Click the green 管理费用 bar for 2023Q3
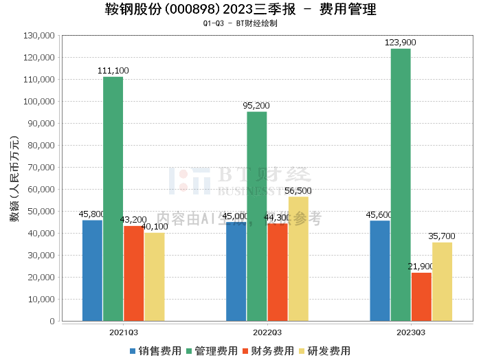401,185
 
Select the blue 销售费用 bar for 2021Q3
92,271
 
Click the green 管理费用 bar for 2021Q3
113,199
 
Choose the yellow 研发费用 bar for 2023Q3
442,282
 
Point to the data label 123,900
401,43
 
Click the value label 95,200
257,106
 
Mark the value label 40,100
155,226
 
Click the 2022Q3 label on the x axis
267,332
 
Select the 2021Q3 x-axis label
124,332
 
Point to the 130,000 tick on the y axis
38,36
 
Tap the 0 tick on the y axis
52,322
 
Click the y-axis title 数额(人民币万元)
14,178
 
